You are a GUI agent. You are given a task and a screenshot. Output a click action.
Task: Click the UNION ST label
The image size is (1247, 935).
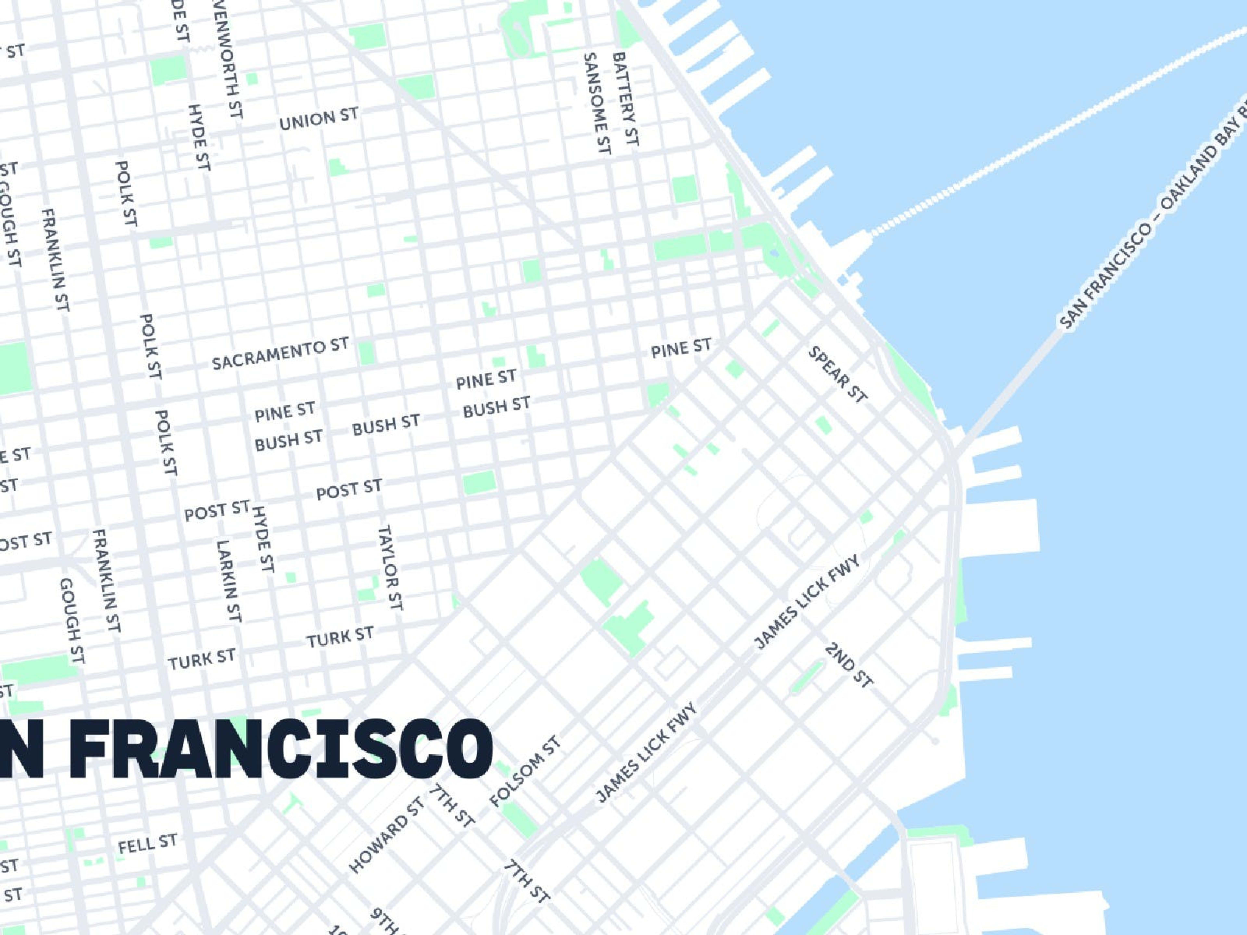click(x=319, y=118)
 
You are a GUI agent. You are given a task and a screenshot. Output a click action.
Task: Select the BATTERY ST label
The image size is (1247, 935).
click(x=626, y=99)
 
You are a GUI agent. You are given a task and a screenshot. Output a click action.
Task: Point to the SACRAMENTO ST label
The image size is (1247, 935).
click(x=280, y=354)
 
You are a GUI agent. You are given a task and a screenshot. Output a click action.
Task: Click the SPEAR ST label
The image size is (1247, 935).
click(x=837, y=375)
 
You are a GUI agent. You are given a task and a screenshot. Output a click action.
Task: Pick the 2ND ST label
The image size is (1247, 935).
click(x=849, y=665)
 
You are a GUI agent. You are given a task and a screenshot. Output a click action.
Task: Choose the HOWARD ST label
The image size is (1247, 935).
click(x=386, y=835)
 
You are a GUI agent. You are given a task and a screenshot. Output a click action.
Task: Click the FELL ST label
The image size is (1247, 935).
click(x=147, y=844)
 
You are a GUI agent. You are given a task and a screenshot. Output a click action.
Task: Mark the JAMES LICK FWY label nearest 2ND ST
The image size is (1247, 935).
click(x=807, y=601)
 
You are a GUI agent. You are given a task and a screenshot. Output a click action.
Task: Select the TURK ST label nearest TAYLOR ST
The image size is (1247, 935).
click(x=340, y=637)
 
